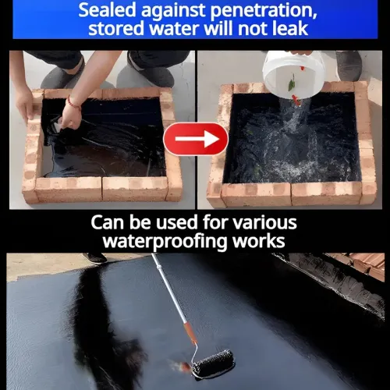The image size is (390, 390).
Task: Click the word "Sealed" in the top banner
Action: tap(108, 10)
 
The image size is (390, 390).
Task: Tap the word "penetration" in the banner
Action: tap(264, 11)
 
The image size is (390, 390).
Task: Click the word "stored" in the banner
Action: tap(116, 28)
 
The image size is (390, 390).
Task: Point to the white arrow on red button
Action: tap(197, 139)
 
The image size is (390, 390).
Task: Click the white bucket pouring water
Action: tap(294, 75)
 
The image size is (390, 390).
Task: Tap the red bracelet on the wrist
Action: tap(73, 102)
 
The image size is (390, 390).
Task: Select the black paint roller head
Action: tap(214, 363)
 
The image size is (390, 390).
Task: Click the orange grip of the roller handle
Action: tap(190, 332)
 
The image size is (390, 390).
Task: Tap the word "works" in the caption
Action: tap(259, 241)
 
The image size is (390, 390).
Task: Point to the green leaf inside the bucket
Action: tap(292, 83)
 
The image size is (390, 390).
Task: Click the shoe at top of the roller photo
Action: tap(94, 258)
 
